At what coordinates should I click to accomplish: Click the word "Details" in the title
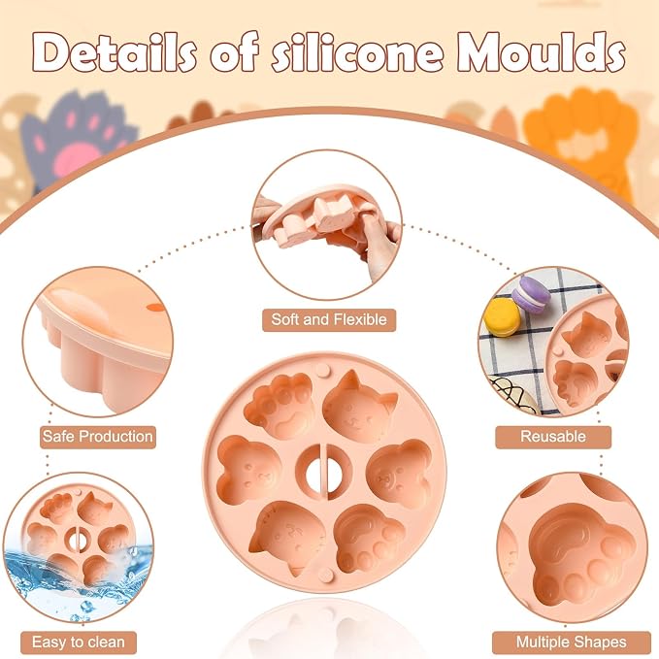tap(115, 53)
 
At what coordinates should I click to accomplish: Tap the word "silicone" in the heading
tap(357, 52)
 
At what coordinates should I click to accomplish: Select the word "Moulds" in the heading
tap(542, 52)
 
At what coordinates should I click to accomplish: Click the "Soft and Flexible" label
tap(329, 320)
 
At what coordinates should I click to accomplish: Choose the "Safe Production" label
tap(97, 437)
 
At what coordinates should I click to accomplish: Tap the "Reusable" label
tap(553, 437)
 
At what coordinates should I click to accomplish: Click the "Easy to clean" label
tap(79, 643)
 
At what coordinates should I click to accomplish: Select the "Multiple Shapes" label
tap(571, 643)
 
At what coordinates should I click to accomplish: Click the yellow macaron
tap(502, 316)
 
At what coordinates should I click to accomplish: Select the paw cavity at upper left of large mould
tap(279, 406)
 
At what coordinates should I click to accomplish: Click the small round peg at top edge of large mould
tap(323, 371)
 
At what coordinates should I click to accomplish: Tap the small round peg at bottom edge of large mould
tap(323, 574)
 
